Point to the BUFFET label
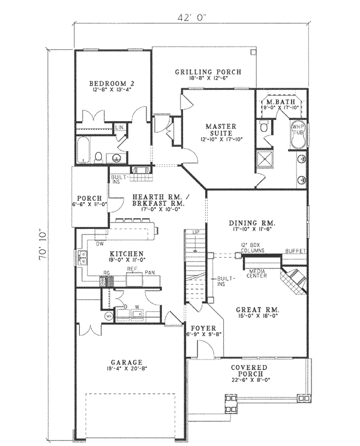pyautogui.click(x=295, y=251)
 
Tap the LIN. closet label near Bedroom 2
pyautogui.click(x=119, y=128)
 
